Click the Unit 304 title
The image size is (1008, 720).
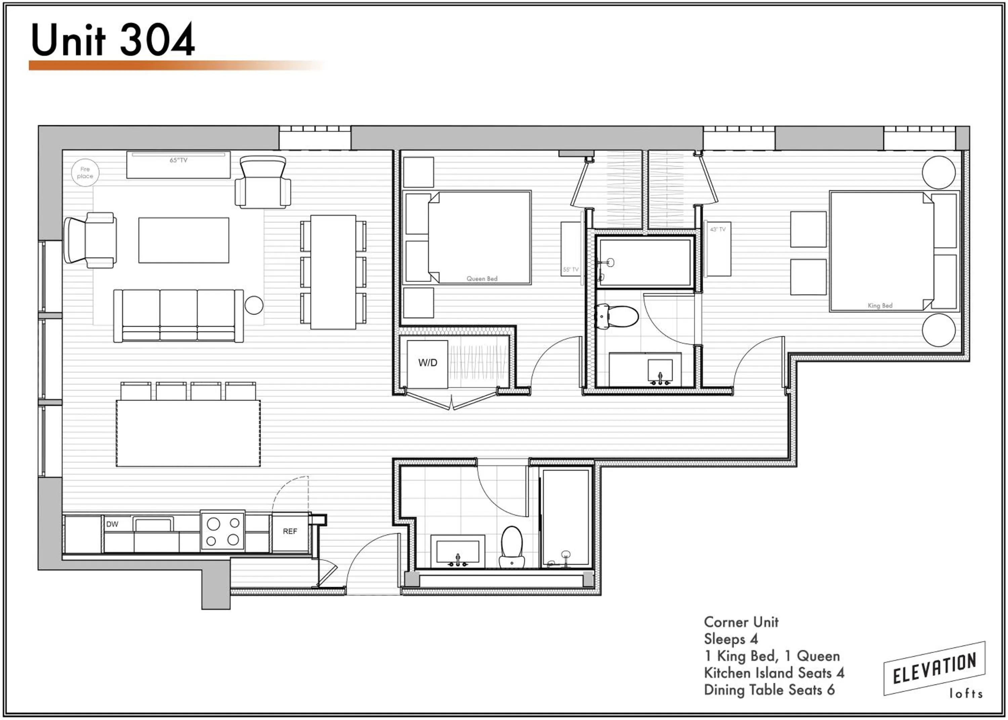pos(113,40)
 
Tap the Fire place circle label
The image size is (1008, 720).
pos(85,172)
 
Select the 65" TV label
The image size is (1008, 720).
pos(178,160)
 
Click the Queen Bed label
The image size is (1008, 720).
pos(481,278)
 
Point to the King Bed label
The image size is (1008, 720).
pos(880,306)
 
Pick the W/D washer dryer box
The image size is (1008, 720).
pos(428,363)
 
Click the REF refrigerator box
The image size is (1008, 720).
pos(290,531)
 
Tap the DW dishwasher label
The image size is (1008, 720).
pos(112,524)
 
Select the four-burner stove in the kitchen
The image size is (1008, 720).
pos(223,531)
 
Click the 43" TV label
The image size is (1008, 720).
pos(718,229)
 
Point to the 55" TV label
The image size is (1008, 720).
pos(571,269)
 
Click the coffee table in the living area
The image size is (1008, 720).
pos(183,240)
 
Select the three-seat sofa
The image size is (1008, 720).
pos(178,315)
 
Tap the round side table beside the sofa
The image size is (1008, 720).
pos(254,305)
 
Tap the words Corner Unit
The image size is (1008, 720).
pos(741,622)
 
